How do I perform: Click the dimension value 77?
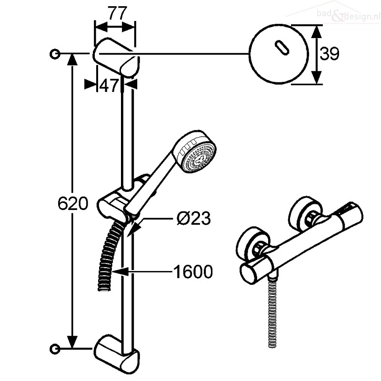(x=118, y=13)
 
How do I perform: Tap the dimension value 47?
(x=109, y=85)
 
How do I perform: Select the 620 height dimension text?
(x=73, y=203)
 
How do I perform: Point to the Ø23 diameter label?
(x=194, y=218)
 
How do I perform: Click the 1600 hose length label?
(x=193, y=271)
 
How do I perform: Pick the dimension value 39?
(x=330, y=54)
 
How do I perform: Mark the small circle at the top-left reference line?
(x=55, y=54)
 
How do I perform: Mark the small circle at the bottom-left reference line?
(x=55, y=349)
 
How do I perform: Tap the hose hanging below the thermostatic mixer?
(x=273, y=313)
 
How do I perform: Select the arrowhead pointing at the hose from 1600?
(x=120, y=271)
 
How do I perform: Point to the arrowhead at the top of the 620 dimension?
(x=72, y=59)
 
